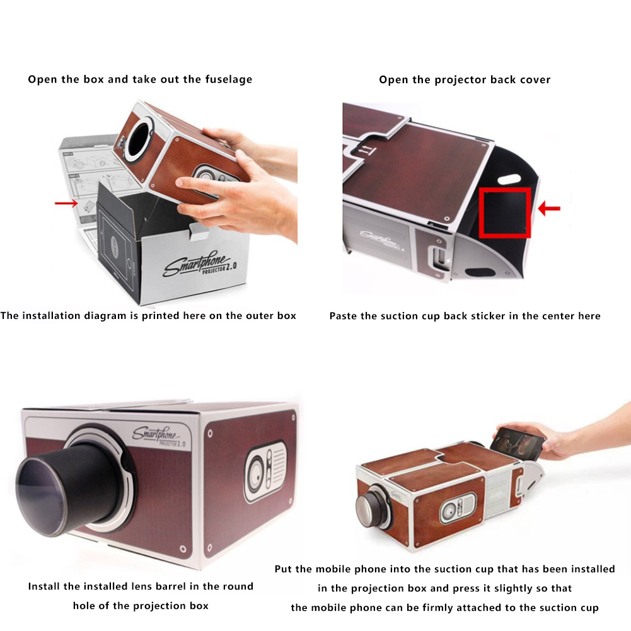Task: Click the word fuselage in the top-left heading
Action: pyautogui.click(x=229, y=79)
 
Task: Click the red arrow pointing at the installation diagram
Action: pyautogui.click(x=66, y=203)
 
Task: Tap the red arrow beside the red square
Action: pyautogui.click(x=549, y=208)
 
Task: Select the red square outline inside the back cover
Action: pyautogui.click(x=505, y=212)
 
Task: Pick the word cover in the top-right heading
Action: pyautogui.click(x=535, y=79)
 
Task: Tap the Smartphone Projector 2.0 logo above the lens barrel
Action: pyautogui.click(x=159, y=437)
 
